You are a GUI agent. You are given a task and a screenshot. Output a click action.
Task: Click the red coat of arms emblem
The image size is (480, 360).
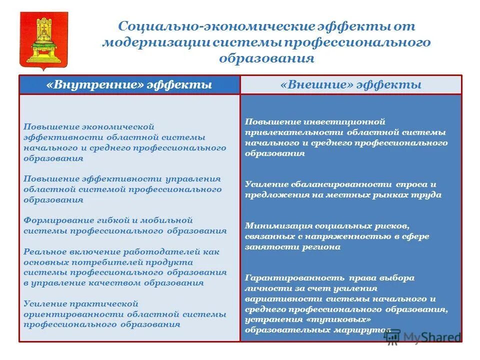pos(42,39)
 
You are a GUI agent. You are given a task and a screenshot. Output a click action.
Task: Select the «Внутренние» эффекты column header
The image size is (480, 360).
pos(129,84)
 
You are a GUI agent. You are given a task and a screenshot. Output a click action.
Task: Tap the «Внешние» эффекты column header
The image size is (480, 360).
pos(351,84)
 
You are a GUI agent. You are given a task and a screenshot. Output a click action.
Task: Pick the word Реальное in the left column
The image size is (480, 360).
pos(42,251)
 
